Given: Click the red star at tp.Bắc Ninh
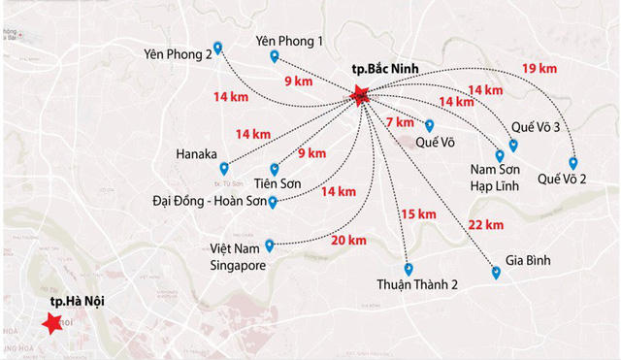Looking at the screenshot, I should (361, 95).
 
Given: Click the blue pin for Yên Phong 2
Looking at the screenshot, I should (218, 47).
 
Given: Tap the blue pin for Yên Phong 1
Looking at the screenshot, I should (275, 56).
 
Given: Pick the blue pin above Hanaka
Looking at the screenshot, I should (224, 168).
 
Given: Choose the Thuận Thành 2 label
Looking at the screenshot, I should (416, 285).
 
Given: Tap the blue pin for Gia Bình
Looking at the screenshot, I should (496, 273).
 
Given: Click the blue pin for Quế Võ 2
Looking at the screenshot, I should (572, 163).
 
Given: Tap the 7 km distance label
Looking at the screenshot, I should (400, 122).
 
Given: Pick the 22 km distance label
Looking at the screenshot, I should (485, 225).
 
